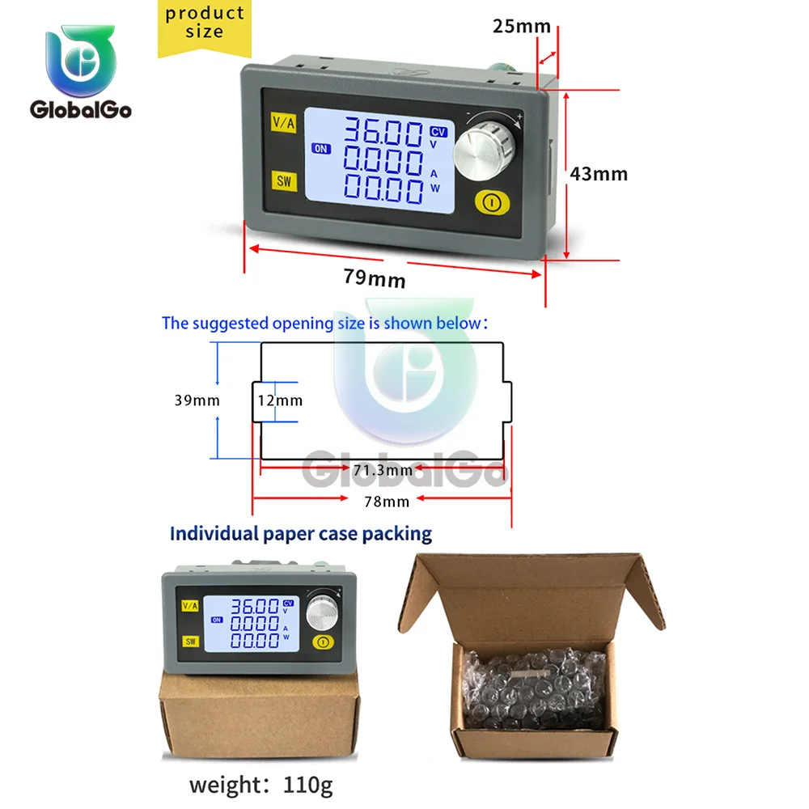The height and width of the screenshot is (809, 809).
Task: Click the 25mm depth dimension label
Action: (x=522, y=26)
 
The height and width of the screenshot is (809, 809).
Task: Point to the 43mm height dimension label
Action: (x=598, y=173)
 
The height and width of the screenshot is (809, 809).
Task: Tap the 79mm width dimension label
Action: (x=374, y=279)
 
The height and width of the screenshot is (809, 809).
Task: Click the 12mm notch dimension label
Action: (x=280, y=400)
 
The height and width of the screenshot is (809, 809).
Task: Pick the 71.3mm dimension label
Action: (x=382, y=470)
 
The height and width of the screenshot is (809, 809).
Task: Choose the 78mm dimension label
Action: (x=386, y=502)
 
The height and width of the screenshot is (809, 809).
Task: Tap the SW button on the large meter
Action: (x=283, y=180)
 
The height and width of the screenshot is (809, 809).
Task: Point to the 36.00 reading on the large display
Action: (x=383, y=133)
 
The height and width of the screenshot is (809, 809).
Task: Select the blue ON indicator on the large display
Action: (x=322, y=149)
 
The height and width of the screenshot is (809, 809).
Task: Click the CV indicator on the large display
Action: (x=438, y=131)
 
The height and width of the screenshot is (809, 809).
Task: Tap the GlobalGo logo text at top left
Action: (x=80, y=110)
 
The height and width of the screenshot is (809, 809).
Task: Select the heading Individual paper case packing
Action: (x=300, y=534)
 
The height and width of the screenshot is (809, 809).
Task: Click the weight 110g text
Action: (x=260, y=785)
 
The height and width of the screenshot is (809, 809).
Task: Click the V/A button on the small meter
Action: (x=190, y=605)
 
